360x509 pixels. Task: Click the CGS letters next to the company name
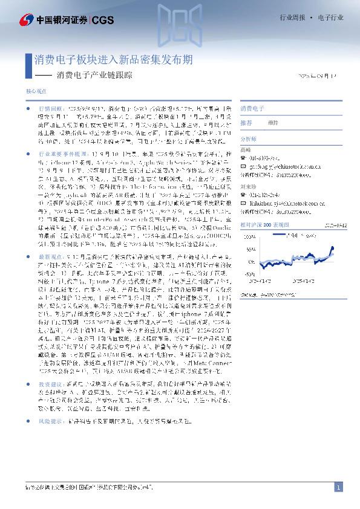[x=101, y=21]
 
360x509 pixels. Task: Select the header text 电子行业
[x=329, y=19]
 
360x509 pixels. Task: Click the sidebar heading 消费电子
[x=252, y=109]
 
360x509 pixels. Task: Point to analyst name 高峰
[x=245, y=149]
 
